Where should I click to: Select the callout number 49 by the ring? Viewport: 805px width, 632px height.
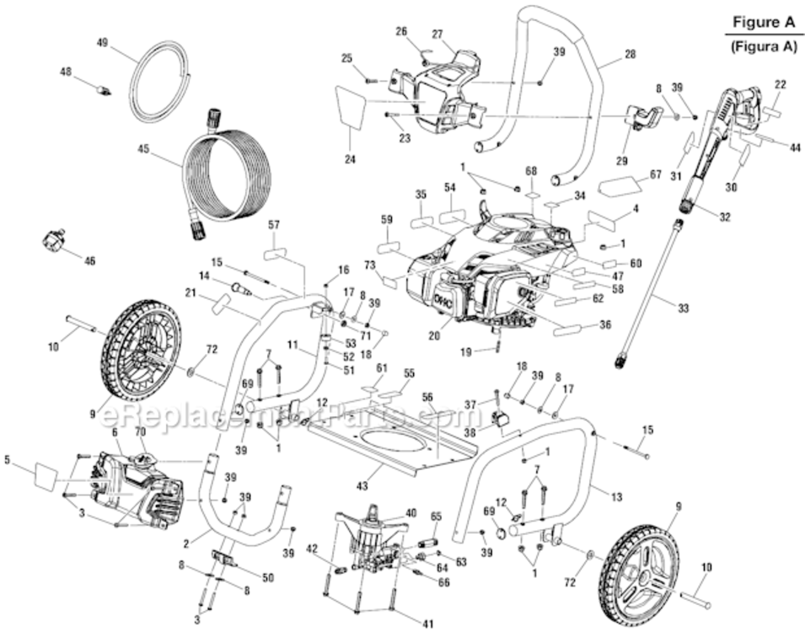point(103,42)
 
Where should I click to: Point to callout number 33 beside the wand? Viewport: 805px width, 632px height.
point(683,308)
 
